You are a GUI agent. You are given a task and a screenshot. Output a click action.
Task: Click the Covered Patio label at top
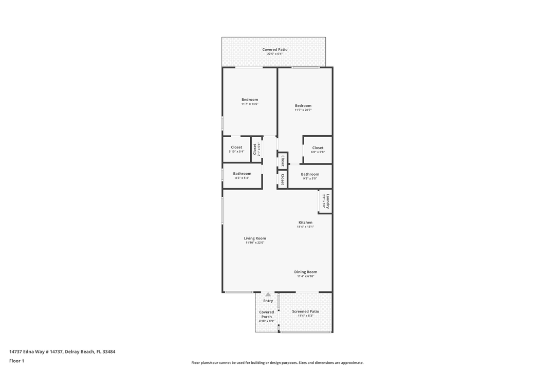pyautogui.click(x=274, y=50)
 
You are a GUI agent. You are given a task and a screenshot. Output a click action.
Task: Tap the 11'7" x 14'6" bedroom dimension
pyautogui.click(x=250, y=104)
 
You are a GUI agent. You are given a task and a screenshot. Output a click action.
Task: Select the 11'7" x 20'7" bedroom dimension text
pyautogui.click(x=303, y=110)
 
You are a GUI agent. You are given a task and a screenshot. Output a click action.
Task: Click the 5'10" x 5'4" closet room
pyautogui.click(x=236, y=150)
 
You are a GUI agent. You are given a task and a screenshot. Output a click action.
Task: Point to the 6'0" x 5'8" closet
pyautogui.click(x=318, y=150)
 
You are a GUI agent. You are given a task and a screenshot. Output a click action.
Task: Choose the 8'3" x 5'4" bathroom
pyautogui.click(x=242, y=176)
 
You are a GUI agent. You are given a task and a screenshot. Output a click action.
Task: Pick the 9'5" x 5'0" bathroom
pyautogui.click(x=310, y=176)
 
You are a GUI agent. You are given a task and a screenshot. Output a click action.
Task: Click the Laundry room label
pyautogui.click(x=327, y=200)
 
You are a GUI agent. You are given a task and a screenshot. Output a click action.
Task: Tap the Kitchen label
pyautogui.click(x=305, y=223)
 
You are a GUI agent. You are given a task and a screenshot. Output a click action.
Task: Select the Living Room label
pyautogui.click(x=254, y=238)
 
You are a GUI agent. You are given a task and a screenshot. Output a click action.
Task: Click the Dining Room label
pyautogui.click(x=305, y=272)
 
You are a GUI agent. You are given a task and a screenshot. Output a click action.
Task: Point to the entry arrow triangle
pyautogui.click(x=268, y=294)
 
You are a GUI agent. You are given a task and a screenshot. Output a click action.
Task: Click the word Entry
pyautogui.click(x=268, y=301)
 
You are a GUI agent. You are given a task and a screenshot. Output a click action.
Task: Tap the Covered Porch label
pyautogui.click(x=266, y=314)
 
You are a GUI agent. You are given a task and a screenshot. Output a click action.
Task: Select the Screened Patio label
pyautogui.click(x=305, y=311)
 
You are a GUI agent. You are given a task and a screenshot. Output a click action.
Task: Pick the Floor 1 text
pyautogui.click(x=16, y=361)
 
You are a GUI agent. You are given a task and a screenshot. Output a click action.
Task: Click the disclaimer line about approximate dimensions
pyautogui.click(x=277, y=363)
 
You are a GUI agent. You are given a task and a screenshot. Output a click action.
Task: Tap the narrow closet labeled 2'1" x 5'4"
pyautogui.click(x=256, y=150)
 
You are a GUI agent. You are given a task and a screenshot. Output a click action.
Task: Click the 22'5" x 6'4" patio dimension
pyautogui.click(x=274, y=54)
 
